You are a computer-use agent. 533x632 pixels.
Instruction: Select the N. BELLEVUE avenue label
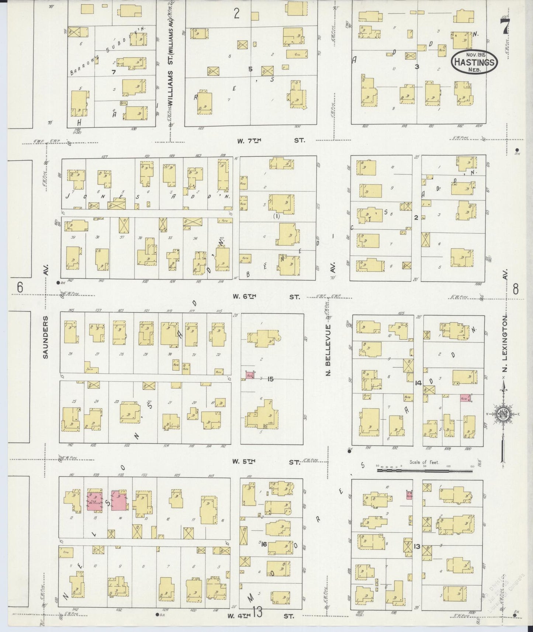click(328, 350)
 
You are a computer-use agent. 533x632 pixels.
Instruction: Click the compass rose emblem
click(503, 414)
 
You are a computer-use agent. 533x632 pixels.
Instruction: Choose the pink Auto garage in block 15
click(250, 375)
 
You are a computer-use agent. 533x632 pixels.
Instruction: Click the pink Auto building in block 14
click(465, 398)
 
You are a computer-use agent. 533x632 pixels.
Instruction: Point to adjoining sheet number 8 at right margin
click(515, 289)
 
